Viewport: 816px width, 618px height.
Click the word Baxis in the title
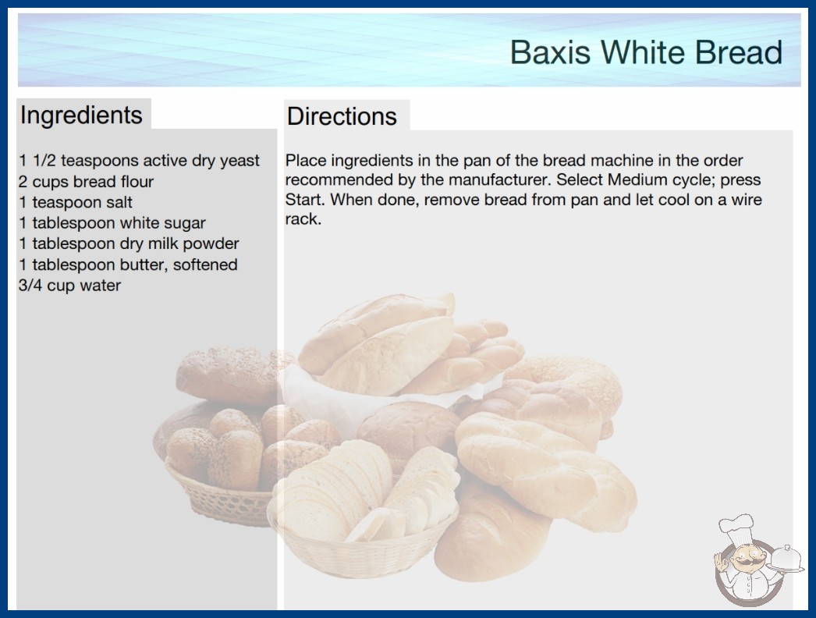pyautogui.click(x=550, y=52)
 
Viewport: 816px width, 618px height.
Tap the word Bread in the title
pyautogui.click(x=739, y=52)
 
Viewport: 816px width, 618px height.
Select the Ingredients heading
pyautogui.click(x=81, y=115)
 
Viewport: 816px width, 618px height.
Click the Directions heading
pyautogui.click(x=342, y=116)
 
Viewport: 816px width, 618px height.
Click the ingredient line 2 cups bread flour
pyautogui.click(x=86, y=182)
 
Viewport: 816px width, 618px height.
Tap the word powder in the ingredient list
pyautogui.click(x=211, y=244)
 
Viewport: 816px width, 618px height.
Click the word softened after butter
pyautogui.click(x=205, y=265)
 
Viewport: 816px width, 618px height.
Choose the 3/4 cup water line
pyautogui.click(x=69, y=286)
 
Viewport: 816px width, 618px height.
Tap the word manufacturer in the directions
pyautogui.click(x=498, y=180)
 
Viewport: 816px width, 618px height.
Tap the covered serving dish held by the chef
pyautogui.click(x=786, y=559)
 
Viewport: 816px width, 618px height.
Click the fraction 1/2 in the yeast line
pyautogui.click(x=44, y=161)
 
